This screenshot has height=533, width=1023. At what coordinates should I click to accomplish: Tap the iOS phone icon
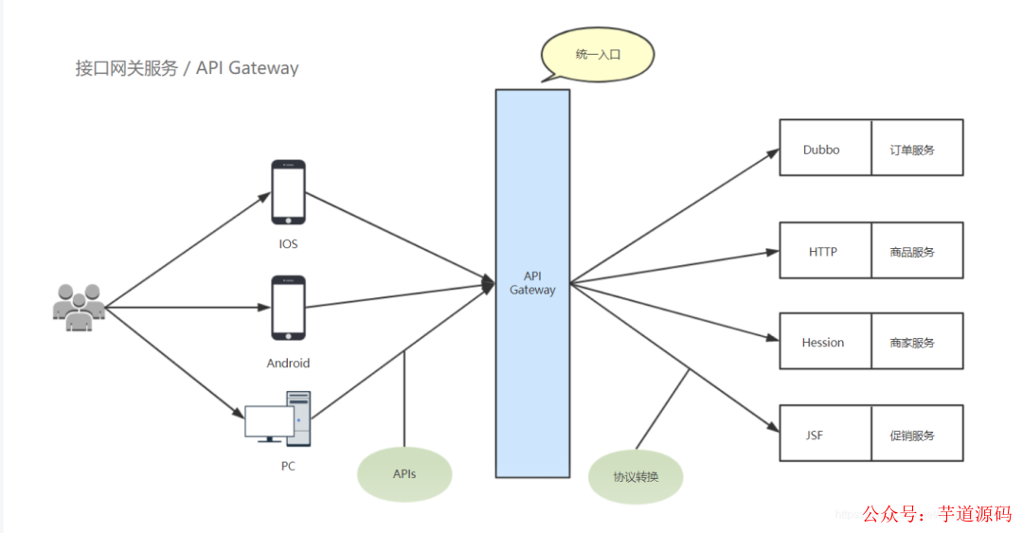(288, 192)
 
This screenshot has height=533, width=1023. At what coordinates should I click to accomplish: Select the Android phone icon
(288, 308)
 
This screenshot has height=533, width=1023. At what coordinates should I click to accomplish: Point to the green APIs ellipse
(404, 474)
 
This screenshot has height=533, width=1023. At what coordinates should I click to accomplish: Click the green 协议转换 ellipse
(636, 475)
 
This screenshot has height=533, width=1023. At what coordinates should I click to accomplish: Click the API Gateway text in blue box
(532, 283)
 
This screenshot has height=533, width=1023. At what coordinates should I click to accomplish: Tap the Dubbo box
(822, 149)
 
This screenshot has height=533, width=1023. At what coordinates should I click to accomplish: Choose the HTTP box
(823, 252)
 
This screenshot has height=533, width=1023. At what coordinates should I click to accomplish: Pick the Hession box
(823, 342)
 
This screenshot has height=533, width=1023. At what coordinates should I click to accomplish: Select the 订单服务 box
(915, 149)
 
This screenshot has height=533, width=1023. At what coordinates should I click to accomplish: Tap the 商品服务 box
(915, 252)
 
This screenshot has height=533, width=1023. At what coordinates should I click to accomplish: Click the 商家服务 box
(915, 342)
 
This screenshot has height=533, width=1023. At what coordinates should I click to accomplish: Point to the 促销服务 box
(915, 435)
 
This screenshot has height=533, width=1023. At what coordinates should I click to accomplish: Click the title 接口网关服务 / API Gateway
(188, 68)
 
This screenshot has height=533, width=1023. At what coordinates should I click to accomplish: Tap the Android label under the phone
(288, 363)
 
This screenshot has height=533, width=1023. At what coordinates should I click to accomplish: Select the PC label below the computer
(288, 466)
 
